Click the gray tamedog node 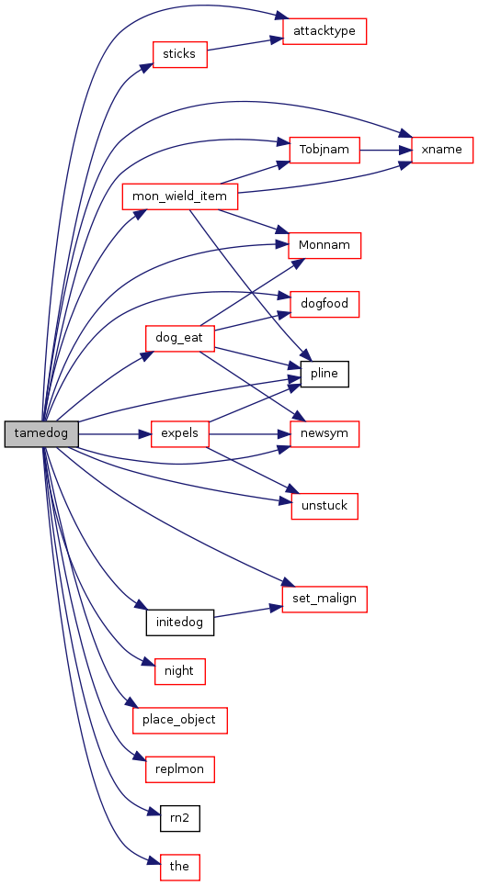tap(41, 434)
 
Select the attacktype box tap(324, 31)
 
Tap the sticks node tap(179, 54)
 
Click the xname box tap(442, 150)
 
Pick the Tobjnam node tap(324, 150)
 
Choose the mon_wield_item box tap(179, 196)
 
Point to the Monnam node tap(324, 246)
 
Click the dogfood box tap(324, 304)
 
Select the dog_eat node tap(179, 339)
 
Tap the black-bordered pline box tap(324, 374)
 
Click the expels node tap(179, 434)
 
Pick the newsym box tap(324, 434)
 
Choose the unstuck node tap(324, 506)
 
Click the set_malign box tap(324, 599)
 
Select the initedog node tap(180, 622)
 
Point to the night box tap(179, 671)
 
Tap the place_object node tap(180, 721)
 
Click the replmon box tap(180, 769)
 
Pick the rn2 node tap(180, 818)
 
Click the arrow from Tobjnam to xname tap(386, 150)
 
